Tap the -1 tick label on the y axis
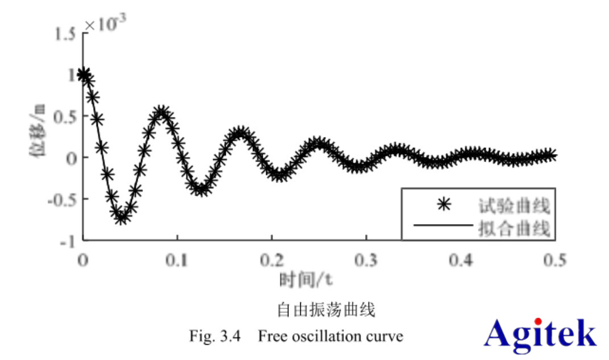click(68, 241)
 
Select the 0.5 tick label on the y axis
click(64, 116)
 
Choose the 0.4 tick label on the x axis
click(461, 260)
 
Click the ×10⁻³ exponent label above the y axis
click(105, 24)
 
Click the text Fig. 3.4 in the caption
click(216, 336)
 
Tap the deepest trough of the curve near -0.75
click(121, 217)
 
